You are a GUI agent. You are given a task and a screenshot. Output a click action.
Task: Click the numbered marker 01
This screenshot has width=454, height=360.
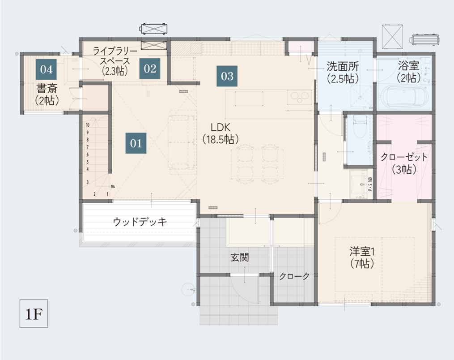click(136, 143)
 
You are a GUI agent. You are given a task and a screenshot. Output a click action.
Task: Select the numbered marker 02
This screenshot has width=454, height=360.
click(150, 69)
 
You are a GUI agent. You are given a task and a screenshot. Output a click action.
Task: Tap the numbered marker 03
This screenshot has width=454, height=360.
click(227, 76)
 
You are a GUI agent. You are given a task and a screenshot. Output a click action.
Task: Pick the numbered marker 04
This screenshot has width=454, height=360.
click(46, 69)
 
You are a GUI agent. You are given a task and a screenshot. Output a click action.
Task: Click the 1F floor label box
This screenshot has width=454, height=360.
click(34, 313)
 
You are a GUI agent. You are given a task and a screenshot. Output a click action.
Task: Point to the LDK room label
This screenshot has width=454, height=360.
click(221, 127)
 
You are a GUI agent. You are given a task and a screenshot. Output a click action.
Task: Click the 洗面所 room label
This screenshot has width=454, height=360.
click(343, 66)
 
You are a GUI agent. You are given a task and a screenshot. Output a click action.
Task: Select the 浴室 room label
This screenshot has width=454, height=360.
click(408, 66)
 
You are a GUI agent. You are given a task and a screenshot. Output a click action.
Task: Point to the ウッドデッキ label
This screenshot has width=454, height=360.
click(140, 222)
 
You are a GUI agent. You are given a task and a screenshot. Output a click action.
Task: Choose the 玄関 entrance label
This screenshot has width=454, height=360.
click(240, 257)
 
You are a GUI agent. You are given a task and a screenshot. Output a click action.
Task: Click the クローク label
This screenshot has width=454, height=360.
click(294, 276)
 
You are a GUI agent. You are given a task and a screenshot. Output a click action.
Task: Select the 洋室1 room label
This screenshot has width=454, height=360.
click(362, 251)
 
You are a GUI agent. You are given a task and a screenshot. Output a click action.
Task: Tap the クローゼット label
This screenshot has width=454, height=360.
click(404, 157)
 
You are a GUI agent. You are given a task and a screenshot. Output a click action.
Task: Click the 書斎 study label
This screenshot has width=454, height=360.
click(47, 88)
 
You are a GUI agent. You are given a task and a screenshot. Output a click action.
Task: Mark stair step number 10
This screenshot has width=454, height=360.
click(87, 125)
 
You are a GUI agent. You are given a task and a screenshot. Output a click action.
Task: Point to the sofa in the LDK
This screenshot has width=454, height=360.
click(182, 142)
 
